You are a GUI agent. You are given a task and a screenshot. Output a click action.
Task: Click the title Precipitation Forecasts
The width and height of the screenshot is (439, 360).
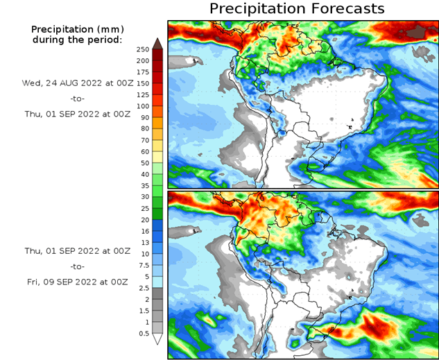coord(296,9)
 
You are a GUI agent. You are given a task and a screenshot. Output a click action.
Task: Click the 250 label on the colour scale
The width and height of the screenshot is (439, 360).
coord(143,49)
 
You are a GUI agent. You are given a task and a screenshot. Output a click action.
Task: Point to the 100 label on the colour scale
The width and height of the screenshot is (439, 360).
coord(143,106)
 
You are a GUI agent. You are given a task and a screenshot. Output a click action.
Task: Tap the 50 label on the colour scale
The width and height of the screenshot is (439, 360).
coord(143,163)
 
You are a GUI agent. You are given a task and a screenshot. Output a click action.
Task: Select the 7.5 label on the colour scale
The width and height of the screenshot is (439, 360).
coord(143,264)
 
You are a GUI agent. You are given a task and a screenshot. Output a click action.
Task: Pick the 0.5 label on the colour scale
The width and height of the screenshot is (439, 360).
coord(143,334)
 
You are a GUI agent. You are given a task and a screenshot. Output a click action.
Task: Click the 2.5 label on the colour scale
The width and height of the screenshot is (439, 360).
coord(143,288)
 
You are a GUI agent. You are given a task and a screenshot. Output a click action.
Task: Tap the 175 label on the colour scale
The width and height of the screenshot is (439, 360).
coord(143,72)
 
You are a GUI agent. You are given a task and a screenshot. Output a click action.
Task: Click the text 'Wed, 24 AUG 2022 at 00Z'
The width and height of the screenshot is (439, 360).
coord(77,83)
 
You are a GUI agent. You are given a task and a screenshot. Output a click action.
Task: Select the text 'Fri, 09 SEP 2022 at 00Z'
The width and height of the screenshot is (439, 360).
coord(77,282)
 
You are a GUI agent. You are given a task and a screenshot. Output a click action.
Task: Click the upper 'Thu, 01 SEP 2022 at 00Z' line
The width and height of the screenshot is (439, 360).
coord(77,114)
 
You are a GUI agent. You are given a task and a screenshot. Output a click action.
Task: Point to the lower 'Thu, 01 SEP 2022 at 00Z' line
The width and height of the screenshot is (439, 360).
coord(77,250)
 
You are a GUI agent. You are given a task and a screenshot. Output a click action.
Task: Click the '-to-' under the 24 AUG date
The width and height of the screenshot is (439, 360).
coord(77,98)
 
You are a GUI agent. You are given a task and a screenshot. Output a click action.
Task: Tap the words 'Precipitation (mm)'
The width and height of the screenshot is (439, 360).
coord(77,29)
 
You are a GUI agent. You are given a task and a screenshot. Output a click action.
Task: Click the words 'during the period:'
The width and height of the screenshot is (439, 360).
coord(77,40)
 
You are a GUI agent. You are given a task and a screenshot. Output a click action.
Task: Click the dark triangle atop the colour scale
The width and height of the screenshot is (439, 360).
coord(158,43)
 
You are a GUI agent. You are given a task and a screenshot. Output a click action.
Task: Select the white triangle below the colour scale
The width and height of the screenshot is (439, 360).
coord(158,339)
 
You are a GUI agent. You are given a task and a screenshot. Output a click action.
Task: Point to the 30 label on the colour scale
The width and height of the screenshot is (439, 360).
coord(143,197)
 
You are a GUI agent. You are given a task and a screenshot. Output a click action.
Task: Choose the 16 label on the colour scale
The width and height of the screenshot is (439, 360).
coord(143,231)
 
